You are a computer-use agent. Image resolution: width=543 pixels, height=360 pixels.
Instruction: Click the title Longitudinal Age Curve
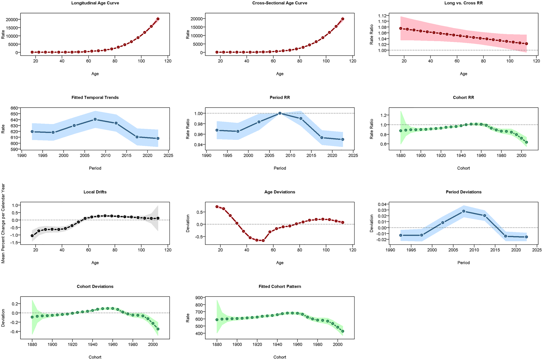95,3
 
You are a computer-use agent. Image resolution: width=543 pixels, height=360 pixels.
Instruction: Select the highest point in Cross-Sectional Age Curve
343,19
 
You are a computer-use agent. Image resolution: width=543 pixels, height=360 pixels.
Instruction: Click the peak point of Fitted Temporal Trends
95,119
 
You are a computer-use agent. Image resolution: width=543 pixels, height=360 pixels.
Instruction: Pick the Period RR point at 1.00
280,113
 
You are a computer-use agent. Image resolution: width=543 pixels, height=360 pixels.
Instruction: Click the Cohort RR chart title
463,98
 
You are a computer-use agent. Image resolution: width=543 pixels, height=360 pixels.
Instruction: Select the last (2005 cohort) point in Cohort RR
526,142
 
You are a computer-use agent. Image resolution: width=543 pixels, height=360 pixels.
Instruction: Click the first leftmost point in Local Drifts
32,236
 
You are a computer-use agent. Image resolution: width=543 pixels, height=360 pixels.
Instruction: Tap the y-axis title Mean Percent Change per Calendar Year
3,223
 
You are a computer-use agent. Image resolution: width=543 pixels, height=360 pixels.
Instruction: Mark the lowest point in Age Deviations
263,241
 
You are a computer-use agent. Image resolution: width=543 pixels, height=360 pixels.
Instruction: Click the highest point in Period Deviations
464,211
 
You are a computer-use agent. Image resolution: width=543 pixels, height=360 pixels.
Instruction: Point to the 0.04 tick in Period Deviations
381,204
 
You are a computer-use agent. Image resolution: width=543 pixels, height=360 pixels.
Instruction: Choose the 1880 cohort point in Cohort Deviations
32,317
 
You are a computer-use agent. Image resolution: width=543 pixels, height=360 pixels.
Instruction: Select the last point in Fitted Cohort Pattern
343,331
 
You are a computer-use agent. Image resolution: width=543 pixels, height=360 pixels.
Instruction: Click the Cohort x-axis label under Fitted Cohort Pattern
279,357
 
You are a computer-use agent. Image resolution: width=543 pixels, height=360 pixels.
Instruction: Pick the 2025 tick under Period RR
353,156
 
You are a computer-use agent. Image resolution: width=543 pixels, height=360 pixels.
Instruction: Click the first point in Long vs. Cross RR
400,29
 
